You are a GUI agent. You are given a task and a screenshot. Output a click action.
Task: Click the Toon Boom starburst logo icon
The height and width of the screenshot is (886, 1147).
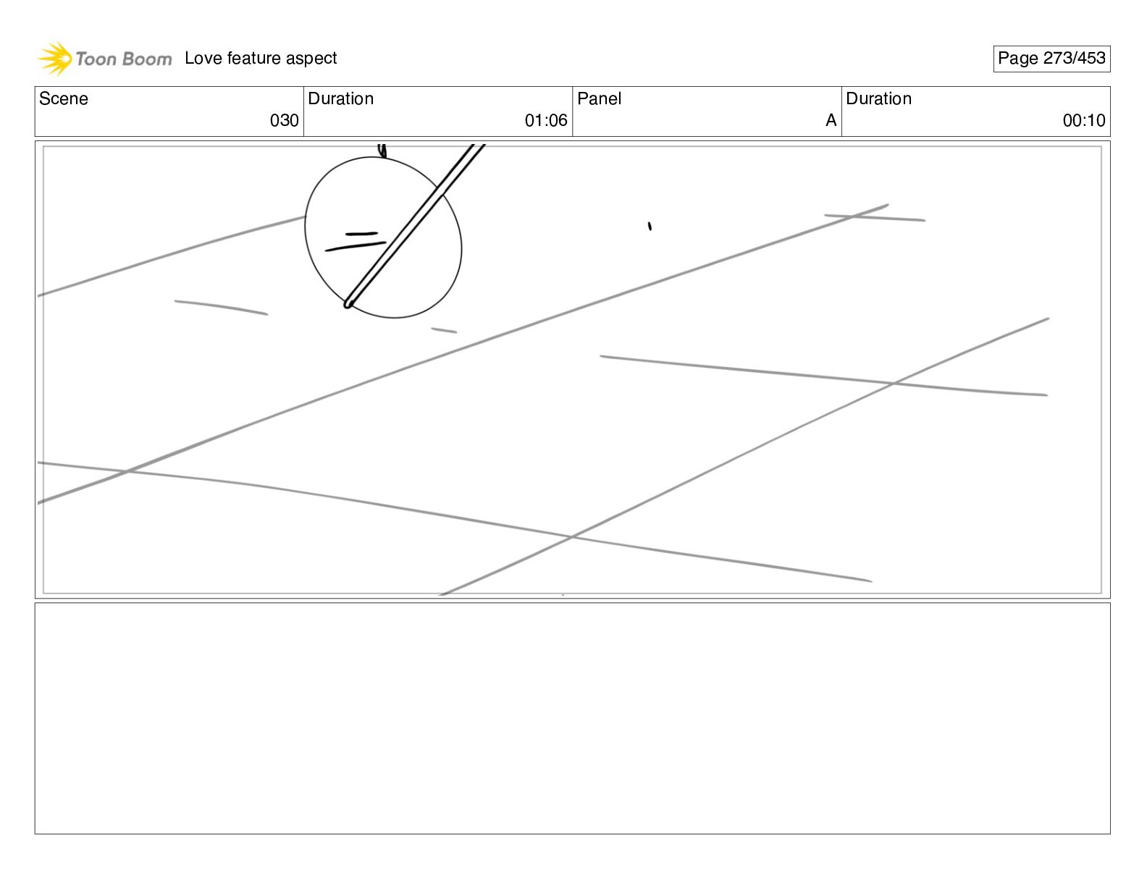coord(54,59)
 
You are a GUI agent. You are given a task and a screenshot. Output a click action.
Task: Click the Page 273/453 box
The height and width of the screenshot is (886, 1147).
coord(1051,59)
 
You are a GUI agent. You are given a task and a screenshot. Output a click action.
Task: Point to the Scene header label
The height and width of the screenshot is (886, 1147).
coord(64,99)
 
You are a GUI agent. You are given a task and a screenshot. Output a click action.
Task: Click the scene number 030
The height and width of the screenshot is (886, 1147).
coord(284,121)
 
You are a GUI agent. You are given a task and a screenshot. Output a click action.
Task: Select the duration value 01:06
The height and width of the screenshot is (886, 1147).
coord(546,121)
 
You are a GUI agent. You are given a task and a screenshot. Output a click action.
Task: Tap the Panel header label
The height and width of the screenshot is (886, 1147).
coord(600,99)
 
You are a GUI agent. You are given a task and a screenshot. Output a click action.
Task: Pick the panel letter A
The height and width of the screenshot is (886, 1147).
coord(831,121)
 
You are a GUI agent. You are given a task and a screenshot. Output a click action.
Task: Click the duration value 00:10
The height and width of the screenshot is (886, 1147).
coord(1084,121)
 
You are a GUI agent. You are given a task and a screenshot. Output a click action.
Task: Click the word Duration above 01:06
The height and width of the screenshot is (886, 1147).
coord(341,99)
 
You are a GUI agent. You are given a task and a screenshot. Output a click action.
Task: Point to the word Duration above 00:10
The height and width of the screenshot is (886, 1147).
coord(879,99)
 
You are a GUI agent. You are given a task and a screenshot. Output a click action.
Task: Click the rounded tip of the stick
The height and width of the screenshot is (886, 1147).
coord(348,303)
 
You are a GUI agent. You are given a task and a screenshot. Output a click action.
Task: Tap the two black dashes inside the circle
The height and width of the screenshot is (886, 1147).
coord(356,241)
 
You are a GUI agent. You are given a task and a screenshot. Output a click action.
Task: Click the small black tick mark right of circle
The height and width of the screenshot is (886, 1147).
coord(650,227)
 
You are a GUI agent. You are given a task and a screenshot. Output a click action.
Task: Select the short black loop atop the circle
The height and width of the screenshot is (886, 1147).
coord(382,151)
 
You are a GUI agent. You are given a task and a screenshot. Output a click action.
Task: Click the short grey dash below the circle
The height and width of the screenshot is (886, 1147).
coord(444,331)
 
